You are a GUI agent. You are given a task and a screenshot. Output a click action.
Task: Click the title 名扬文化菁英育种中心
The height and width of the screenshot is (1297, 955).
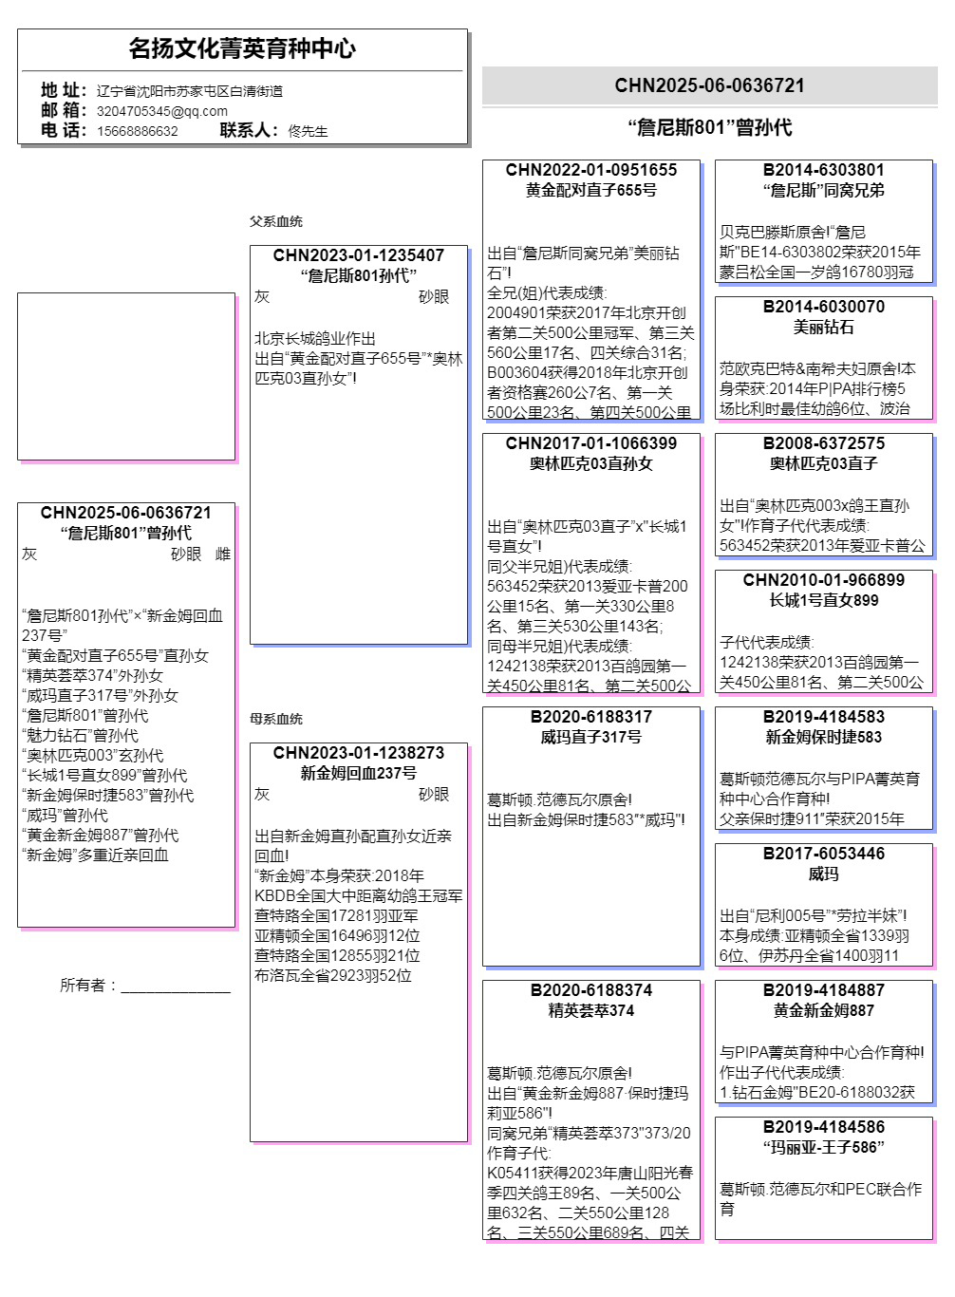click(242, 48)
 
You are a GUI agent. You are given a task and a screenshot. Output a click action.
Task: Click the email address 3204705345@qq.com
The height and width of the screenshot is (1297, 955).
click(162, 111)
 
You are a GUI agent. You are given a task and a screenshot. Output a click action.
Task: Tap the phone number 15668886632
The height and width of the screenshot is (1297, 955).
click(138, 131)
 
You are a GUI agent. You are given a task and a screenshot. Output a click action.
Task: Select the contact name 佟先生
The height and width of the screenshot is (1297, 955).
click(308, 131)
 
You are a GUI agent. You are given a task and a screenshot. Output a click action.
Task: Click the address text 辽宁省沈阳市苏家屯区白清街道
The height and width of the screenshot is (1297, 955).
click(190, 91)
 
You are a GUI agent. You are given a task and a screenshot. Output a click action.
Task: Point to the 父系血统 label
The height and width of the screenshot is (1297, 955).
click(276, 221)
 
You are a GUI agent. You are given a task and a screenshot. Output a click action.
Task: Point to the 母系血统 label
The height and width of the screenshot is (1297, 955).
click(276, 719)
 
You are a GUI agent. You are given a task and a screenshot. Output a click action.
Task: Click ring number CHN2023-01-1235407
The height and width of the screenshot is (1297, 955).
click(359, 255)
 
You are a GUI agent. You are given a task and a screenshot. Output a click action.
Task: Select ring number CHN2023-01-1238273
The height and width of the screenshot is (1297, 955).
click(359, 753)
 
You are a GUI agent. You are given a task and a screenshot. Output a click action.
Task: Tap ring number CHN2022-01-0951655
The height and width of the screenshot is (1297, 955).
click(591, 170)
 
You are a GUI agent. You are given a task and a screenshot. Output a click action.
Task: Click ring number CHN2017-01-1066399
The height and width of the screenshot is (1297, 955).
click(591, 443)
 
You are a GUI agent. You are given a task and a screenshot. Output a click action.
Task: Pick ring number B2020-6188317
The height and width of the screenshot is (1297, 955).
click(591, 717)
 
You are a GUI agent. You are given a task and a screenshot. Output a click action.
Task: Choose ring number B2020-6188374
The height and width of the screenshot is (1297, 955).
click(591, 990)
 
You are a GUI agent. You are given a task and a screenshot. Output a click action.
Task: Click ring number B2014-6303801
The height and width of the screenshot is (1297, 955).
click(824, 170)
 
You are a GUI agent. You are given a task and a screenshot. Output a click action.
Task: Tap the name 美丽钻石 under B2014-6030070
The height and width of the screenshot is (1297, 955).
click(824, 327)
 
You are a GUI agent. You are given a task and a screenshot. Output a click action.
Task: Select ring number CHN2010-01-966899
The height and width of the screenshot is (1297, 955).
click(824, 580)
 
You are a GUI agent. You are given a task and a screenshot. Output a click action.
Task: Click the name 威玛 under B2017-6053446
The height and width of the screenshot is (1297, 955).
click(824, 874)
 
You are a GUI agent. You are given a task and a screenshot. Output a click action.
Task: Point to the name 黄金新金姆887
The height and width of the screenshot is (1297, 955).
click(824, 1010)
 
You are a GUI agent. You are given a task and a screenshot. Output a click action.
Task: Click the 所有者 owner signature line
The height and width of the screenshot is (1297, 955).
click(176, 987)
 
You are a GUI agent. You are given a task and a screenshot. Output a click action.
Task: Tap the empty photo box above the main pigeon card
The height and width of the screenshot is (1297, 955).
click(126, 376)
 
